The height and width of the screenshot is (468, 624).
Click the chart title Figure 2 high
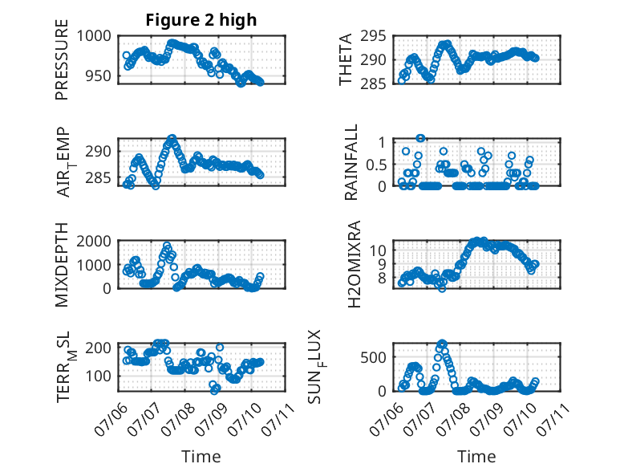click(x=201, y=20)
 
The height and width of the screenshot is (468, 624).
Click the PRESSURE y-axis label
click(x=62, y=59)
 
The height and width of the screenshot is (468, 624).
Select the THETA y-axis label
click(x=346, y=59)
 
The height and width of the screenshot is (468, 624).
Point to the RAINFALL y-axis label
click(x=351, y=162)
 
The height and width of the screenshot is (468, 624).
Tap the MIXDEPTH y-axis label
click(x=62, y=264)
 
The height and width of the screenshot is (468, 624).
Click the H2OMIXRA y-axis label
click(x=354, y=264)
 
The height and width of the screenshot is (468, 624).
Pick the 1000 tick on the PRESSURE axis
click(x=94, y=36)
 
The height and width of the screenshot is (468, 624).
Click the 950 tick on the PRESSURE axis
click(x=99, y=75)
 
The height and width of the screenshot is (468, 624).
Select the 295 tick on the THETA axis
click(x=373, y=36)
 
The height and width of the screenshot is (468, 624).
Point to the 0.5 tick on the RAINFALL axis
click(x=376, y=165)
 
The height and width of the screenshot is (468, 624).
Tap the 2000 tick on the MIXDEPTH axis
click(x=94, y=241)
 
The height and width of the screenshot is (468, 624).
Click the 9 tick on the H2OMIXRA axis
click(x=382, y=263)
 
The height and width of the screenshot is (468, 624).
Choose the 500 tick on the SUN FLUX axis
click(x=373, y=357)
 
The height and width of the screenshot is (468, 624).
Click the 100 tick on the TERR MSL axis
click(x=99, y=376)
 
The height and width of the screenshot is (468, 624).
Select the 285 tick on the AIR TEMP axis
click(x=99, y=177)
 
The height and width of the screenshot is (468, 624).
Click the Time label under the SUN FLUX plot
click(x=476, y=456)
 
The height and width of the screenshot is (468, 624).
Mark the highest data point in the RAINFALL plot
click(x=420, y=138)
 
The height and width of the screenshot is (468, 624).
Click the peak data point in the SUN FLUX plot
click(x=442, y=343)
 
